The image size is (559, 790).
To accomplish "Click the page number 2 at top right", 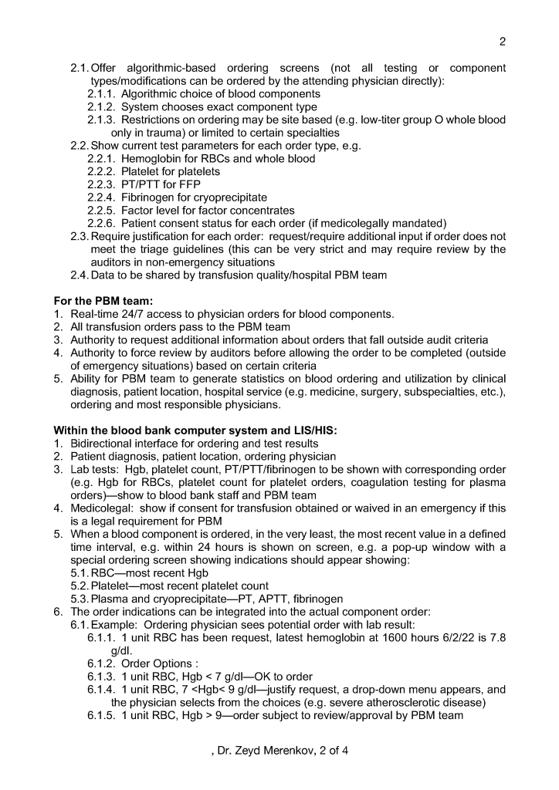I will coord(503,42).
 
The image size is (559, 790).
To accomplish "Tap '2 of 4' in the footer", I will coord(334,749).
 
